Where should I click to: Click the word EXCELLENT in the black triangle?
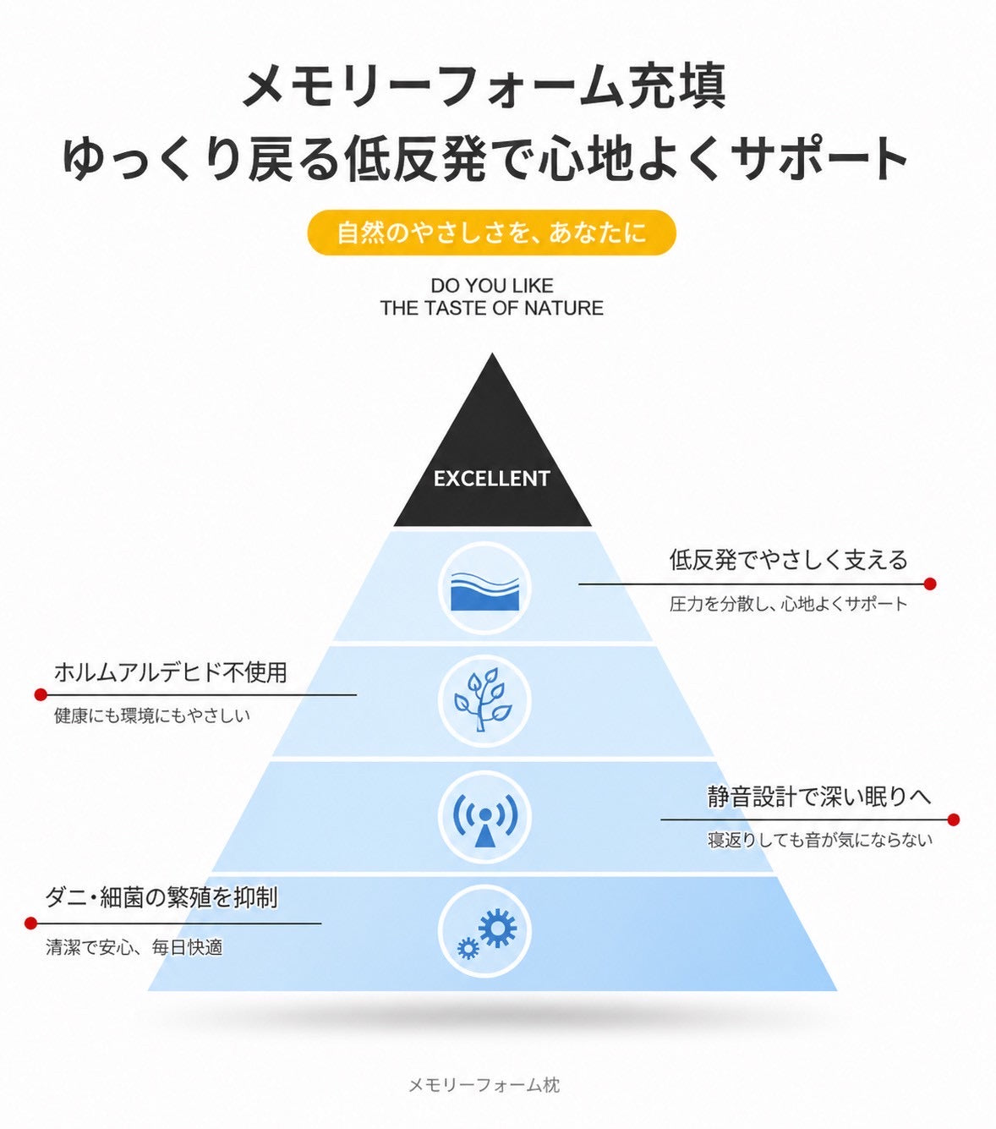[492, 479]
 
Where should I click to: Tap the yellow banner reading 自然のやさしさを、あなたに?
[491, 233]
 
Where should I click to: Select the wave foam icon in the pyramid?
[484, 589]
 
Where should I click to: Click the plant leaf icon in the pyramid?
[484, 700]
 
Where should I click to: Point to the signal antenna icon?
[484, 818]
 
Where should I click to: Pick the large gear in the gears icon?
[497, 929]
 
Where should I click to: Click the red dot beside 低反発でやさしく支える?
[930, 584]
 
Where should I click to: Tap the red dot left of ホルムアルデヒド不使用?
[40, 694]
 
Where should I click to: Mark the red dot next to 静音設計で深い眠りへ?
[953, 819]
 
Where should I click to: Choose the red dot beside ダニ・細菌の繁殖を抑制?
[31, 923]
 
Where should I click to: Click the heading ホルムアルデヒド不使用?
[171, 672]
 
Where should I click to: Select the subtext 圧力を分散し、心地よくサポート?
[788, 604]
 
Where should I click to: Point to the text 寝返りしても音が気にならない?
[820, 840]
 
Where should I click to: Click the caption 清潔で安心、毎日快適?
[134, 947]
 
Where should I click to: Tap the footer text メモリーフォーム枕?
[484, 1085]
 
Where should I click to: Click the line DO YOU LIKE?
[492, 286]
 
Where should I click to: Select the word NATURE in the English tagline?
[564, 308]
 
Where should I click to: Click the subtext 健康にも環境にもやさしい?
[152, 716]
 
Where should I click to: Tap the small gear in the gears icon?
[468, 948]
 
